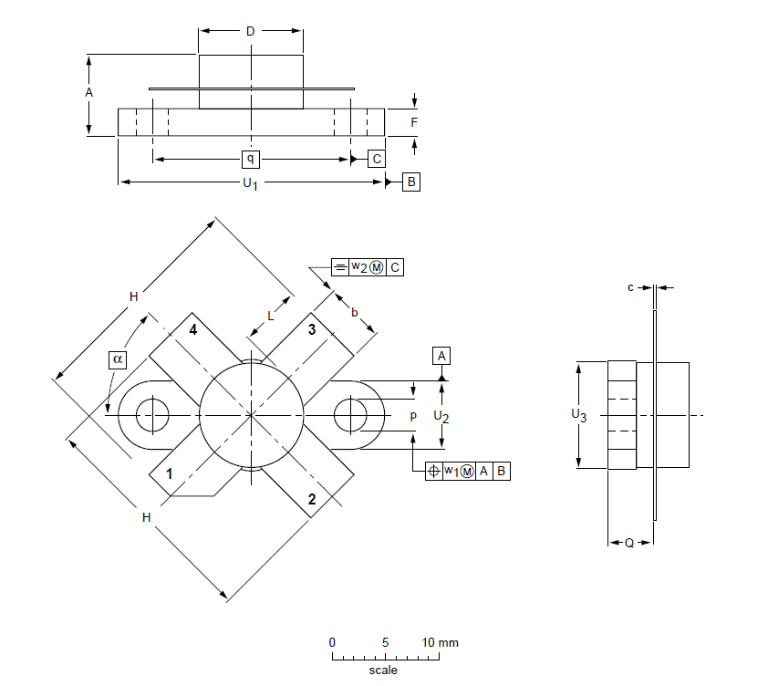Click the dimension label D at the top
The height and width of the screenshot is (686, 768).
pyautogui.click(x=251, y=32)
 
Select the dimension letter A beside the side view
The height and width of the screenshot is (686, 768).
pyautogui.click(x=88, y=93)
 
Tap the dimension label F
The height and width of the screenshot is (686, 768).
pyautogui.click(x=414, y=121)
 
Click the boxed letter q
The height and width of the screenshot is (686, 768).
pyautogui.click(x=251, y=159)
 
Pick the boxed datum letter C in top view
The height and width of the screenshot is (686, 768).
pyautogui.click(x=377, y=159)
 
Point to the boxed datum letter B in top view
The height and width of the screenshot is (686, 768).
pyautogui.click(x=410, y=182)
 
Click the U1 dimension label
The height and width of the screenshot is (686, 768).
pyautogui.click(x=250, y=184)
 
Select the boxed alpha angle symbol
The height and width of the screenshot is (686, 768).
pyautogui.click(x=118, y=359)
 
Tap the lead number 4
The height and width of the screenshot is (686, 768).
pyautogui.click(x=192, y=329)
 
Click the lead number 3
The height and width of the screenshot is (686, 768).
pyautogui.click(x=312, y=329)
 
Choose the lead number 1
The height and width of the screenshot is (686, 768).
pyautogui.click(x=168, y=474)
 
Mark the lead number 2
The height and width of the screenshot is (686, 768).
pyautogui.click(x=312, y=499)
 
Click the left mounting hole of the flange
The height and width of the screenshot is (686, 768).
pyautogui.click(x=152, y=416)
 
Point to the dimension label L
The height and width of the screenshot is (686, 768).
pyautogui.click(x=270, y=316)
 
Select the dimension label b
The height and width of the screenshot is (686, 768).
pyautogui.click(x=355, y=312)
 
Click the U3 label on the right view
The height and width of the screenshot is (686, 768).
pyautogui.click(x=578, y=415)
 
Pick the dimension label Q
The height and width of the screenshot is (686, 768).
pyautogui.click(x=629, y=543)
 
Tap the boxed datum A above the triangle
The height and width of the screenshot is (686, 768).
pyautogui.click(x=442, y=355)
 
